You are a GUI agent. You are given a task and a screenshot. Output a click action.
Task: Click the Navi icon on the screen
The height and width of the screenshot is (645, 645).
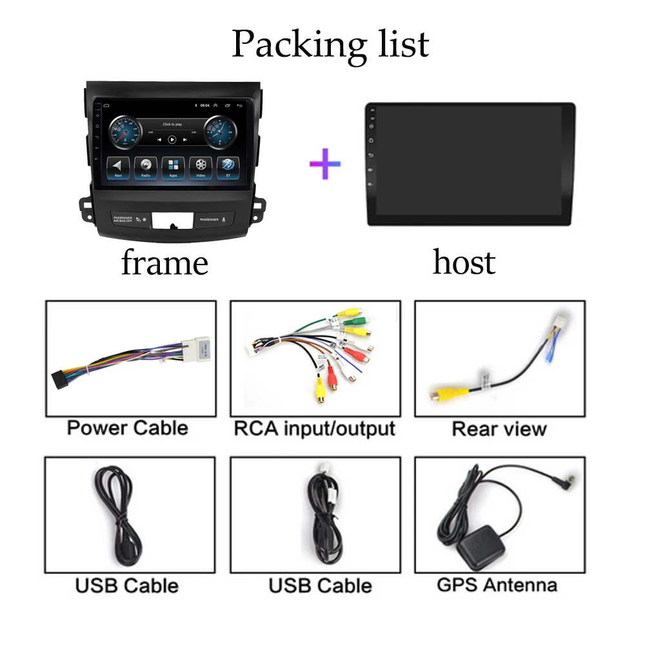[x=119, y=166]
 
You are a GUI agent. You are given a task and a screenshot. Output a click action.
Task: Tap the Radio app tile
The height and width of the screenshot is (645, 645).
[x=145, y=166]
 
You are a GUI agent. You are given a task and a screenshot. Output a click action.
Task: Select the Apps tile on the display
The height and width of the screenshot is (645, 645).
[x=173, y=166]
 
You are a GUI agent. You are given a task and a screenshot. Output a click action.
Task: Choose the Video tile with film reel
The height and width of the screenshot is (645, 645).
[x=201, y=166]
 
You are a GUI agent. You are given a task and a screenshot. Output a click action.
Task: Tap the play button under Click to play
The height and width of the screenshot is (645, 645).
[x=172, y=139]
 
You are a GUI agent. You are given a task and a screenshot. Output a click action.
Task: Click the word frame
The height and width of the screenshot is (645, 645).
[x=164, y=263]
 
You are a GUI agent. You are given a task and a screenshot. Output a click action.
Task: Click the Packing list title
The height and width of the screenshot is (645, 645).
[x=330, y=44]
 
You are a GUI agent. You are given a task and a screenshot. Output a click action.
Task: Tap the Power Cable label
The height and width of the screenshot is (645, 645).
[x=128, y=428]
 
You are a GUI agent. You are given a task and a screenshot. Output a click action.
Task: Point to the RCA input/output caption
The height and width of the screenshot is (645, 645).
[x=315, y=428]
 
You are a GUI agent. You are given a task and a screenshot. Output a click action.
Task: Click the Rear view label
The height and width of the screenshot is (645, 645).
[x=499, y=429]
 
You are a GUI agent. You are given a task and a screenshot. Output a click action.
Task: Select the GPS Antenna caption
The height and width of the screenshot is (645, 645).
[x=497, y=585]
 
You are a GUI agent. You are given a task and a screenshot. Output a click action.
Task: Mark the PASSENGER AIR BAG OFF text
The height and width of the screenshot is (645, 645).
[x=123, y=219]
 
